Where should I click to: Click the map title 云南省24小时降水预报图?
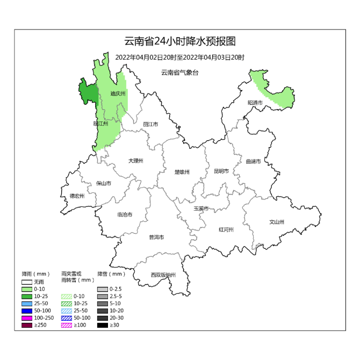tap(180, 42)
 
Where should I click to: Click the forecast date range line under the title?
tap(180, 57)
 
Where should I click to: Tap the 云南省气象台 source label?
tap(180, 72)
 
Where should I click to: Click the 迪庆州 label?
tap(118, 93)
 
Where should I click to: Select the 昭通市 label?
tap(255, 102)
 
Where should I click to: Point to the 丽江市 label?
tap(150, 124)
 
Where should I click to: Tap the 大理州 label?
tap(136, 161)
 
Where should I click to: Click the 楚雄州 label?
tap(182, 172)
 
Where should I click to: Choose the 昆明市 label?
tap(221, 171)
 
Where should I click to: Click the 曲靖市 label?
tap(253, 161)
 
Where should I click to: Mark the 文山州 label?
tap(277, 221)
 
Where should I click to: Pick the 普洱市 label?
tap(156, 237)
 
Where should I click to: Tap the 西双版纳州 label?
tap(163, 275)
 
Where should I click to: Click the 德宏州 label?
tap(77, 196)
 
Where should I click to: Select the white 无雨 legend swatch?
tap(27, 282)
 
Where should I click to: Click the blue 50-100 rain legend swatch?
tap(27, 311)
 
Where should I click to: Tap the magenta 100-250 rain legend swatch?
tap(27, 318)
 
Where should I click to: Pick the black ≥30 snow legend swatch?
tap(102, 325)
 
